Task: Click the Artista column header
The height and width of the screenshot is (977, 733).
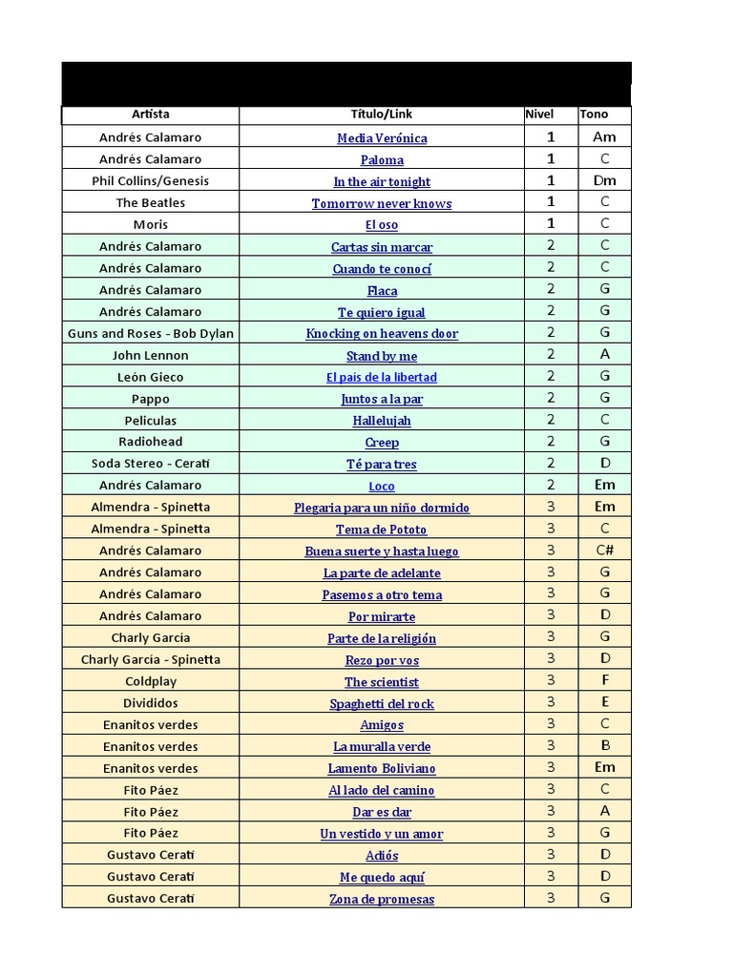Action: pos(150,114)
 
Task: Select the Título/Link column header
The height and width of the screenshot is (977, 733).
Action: pos(382,114)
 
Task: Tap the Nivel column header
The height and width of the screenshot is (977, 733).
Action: pos(539,114)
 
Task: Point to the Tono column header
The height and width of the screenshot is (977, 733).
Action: pos(593,114)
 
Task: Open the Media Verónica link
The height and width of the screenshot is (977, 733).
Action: pos(382,138)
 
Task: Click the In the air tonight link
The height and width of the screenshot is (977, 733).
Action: pos(382,182)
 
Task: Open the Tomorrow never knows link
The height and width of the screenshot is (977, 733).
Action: pos(382,204)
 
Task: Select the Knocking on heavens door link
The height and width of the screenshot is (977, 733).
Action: pos(382,334)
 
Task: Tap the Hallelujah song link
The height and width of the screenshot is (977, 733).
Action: pos(382,421)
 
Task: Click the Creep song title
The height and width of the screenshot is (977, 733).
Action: pos(382,443)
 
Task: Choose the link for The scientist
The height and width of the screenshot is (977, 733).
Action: pos(382,682)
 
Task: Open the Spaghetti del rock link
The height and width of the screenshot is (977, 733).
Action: pos(382,704)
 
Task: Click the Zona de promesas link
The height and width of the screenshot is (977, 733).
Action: pos(382,900)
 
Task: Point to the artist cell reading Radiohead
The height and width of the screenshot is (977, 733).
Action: pos(150,442)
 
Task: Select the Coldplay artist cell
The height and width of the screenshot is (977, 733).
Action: pos(150,681)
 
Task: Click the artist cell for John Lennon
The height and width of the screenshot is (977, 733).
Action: pos(150,355)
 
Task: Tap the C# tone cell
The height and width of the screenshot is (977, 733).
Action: pos(604,551)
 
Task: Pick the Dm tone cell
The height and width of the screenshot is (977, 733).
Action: pos(604,180)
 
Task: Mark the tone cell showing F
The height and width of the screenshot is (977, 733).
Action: pos(604,681)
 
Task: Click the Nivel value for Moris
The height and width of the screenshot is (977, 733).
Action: pos(551,224)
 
